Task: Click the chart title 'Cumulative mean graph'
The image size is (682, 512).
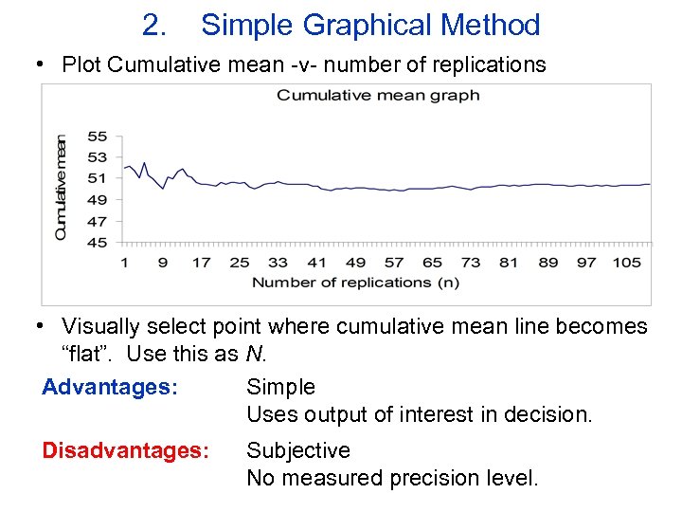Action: coord(377,95)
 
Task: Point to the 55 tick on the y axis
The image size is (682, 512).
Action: coord(97,137)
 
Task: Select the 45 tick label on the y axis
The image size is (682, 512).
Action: coord(97,242)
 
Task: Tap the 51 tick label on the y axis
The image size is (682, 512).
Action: coord(97,178)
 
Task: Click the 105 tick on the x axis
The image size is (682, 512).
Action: coord(626,262)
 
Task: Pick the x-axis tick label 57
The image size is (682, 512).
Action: coord(394,262)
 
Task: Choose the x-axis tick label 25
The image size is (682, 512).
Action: coord(240,262)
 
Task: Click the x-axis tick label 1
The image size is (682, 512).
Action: coord(124,262)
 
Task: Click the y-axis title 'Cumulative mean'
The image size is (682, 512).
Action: coord(61,187)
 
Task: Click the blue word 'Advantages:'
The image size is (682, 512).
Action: coord(110,387)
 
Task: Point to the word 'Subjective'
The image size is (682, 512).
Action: coord(297,450)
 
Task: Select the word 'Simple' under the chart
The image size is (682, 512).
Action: coord(280,387)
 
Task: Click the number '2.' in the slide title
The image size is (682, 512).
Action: coord(154,26)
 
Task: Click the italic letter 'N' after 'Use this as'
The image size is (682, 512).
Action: coord(253,355)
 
